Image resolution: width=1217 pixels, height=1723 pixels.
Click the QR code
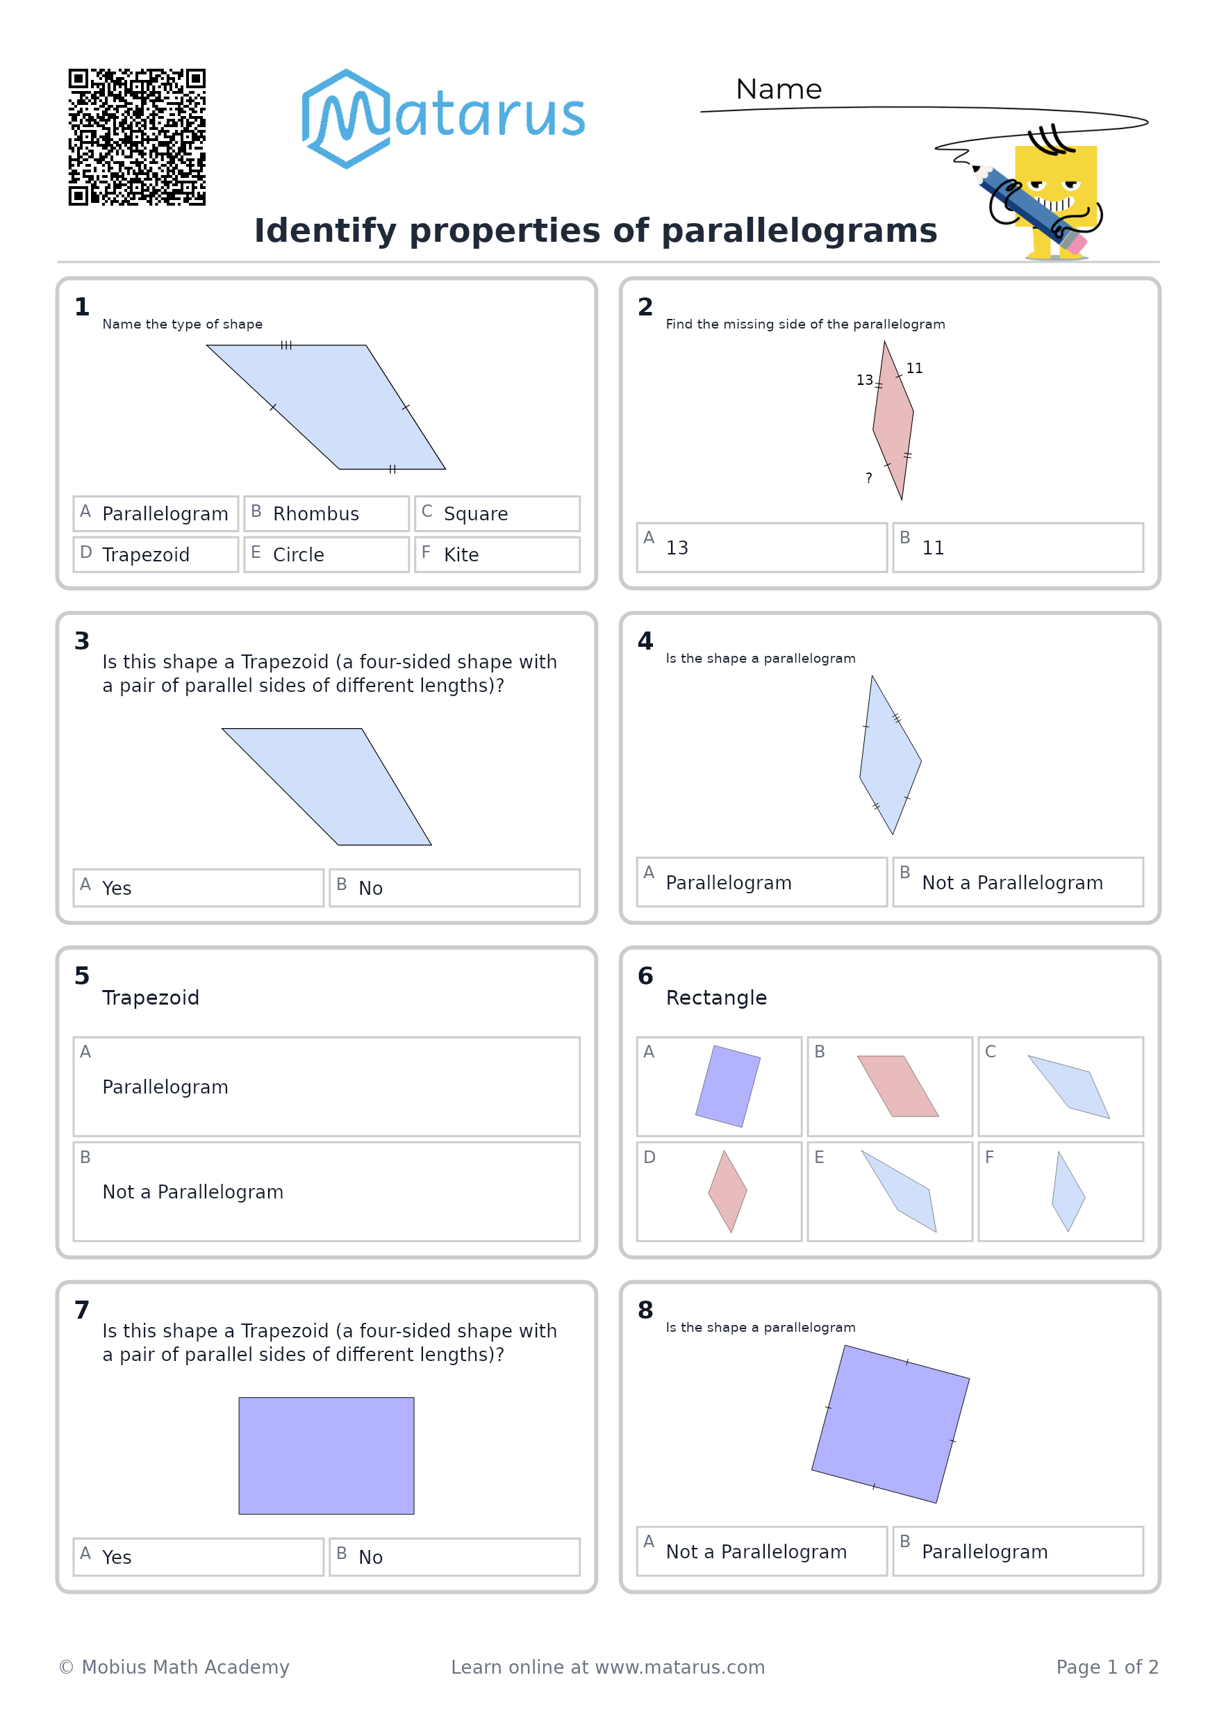tap(137, 138)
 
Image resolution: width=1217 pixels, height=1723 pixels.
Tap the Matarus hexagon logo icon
tap(347, 119)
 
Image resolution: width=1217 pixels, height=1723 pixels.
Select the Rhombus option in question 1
tap(326, 513)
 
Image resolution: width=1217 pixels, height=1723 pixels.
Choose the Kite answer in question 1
tap(497, 554)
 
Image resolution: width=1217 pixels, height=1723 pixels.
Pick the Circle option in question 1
tap(326, 554)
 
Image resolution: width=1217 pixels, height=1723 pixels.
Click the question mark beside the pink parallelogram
tap(869, 478)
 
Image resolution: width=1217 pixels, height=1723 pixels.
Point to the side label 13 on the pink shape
tap(864, 380)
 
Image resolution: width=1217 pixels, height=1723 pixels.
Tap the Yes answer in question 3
tap(198, 888)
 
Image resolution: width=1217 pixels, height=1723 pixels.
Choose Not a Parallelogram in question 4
tap(1018, 882)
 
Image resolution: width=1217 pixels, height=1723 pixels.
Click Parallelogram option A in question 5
tap(326, 1087)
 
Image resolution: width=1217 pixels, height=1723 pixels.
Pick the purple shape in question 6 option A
tap(728, 1086)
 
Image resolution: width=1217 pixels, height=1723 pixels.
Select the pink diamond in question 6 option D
tap(728, 1192)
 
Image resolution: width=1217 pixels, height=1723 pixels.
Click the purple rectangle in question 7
tap(326, 1456)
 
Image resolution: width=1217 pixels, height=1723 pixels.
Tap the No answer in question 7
tap(455, 1557)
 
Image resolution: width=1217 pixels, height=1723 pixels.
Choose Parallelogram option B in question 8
tap(1018, 1551)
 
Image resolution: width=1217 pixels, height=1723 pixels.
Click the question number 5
tap(82, 975)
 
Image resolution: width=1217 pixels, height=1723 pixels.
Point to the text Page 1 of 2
tap(1107, 1667)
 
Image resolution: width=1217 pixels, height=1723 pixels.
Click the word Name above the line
tap(779, 90)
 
